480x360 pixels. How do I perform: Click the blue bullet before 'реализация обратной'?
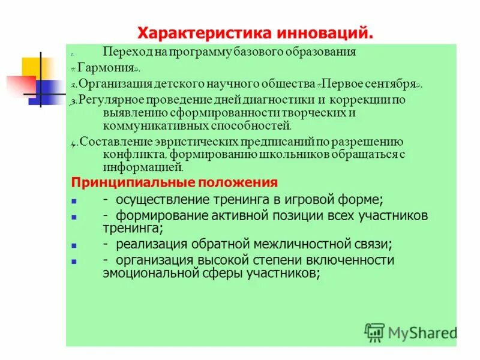coord(74,245)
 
